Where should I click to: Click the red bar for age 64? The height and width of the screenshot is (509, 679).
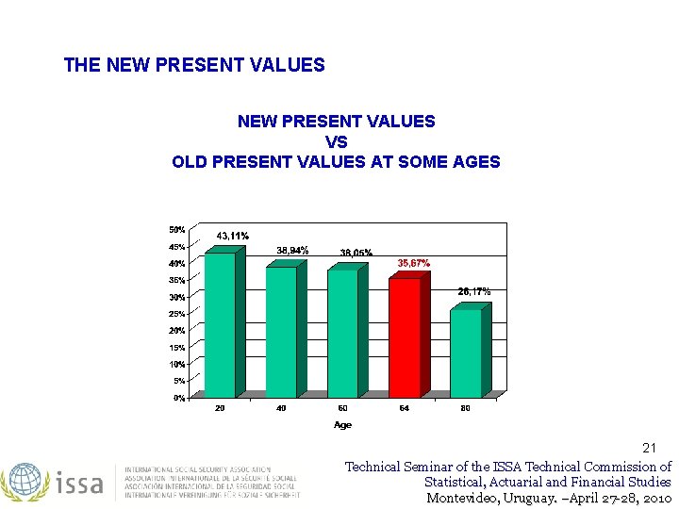(405, 337)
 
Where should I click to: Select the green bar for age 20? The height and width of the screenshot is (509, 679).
(220, 324)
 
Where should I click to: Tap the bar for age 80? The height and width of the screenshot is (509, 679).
(465, 353)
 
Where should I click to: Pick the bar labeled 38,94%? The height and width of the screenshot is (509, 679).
(281, 332)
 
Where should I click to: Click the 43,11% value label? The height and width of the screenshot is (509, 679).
(233, 236)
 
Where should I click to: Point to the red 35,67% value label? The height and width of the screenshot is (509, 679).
(413, 263)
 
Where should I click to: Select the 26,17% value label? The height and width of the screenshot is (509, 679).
(474, 292)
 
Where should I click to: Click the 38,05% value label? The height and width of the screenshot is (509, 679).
(356, 253)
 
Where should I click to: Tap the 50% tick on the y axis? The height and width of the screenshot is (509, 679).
(176, 229)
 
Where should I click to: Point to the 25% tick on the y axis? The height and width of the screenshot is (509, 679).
(176, 314)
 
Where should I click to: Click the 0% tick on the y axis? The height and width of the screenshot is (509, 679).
(178, 398)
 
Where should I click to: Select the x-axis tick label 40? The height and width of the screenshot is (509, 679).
(281, 408)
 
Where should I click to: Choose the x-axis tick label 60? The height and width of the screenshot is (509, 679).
(342, 408)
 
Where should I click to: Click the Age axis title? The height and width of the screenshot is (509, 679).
(342, 425)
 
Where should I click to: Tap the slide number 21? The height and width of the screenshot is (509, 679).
(649, 447)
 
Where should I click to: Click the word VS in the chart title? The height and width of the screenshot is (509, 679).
(336, 141)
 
